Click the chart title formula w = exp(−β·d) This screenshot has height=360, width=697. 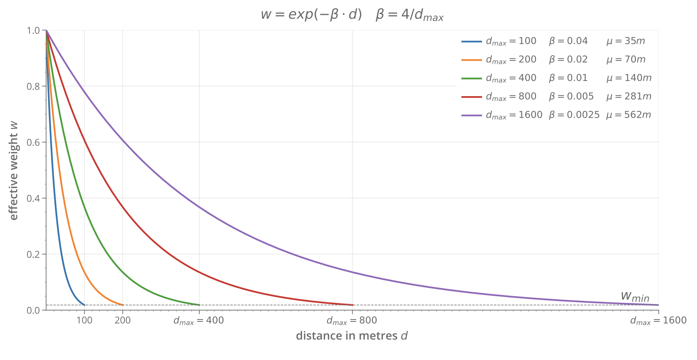point(311,15)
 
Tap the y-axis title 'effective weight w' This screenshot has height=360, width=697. point(14,170)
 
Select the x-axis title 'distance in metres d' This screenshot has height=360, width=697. point(351,336)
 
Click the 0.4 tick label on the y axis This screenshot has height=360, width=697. point(33,198)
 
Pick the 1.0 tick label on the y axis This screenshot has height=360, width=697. point(33,30)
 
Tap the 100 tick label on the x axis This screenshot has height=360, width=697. point(84,320)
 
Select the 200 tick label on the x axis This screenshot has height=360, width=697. point(122,320)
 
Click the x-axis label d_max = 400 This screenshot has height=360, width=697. point(199,321)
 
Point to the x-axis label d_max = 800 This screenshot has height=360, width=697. point(351,321)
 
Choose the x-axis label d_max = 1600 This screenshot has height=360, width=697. point(658,321)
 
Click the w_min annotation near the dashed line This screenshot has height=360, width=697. point(635,296)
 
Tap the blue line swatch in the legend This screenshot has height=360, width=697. point(471,41)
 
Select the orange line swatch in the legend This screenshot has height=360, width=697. point(471,60)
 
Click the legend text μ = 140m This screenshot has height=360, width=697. point(629,78)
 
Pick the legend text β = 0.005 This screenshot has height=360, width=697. point(571,96)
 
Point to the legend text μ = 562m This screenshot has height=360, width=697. point(629,115)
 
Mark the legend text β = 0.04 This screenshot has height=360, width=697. point(568,41)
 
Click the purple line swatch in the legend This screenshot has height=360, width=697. point(471,115)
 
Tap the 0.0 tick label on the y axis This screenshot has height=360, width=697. point(33,310)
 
